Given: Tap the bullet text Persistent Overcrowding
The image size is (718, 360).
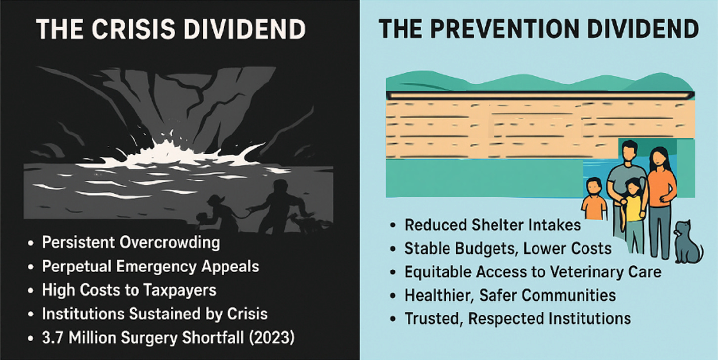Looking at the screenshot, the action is point(131,243).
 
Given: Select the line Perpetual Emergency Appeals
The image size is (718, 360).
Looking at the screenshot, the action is point(150,267).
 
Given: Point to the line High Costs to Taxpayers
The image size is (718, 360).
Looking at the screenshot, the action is point(129,290).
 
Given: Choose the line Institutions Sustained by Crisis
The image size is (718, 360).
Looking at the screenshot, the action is point(154,314).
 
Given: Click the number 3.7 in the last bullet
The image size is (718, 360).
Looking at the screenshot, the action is point(53,337).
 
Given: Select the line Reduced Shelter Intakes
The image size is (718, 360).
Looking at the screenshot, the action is point(493,225).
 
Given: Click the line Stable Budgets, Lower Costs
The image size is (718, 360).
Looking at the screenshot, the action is point(508,248).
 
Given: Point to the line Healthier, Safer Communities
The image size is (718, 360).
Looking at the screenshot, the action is point(510,295).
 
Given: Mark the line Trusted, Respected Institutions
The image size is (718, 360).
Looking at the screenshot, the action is point(518,318).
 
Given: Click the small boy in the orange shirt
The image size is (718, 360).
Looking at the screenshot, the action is point(594,200).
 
